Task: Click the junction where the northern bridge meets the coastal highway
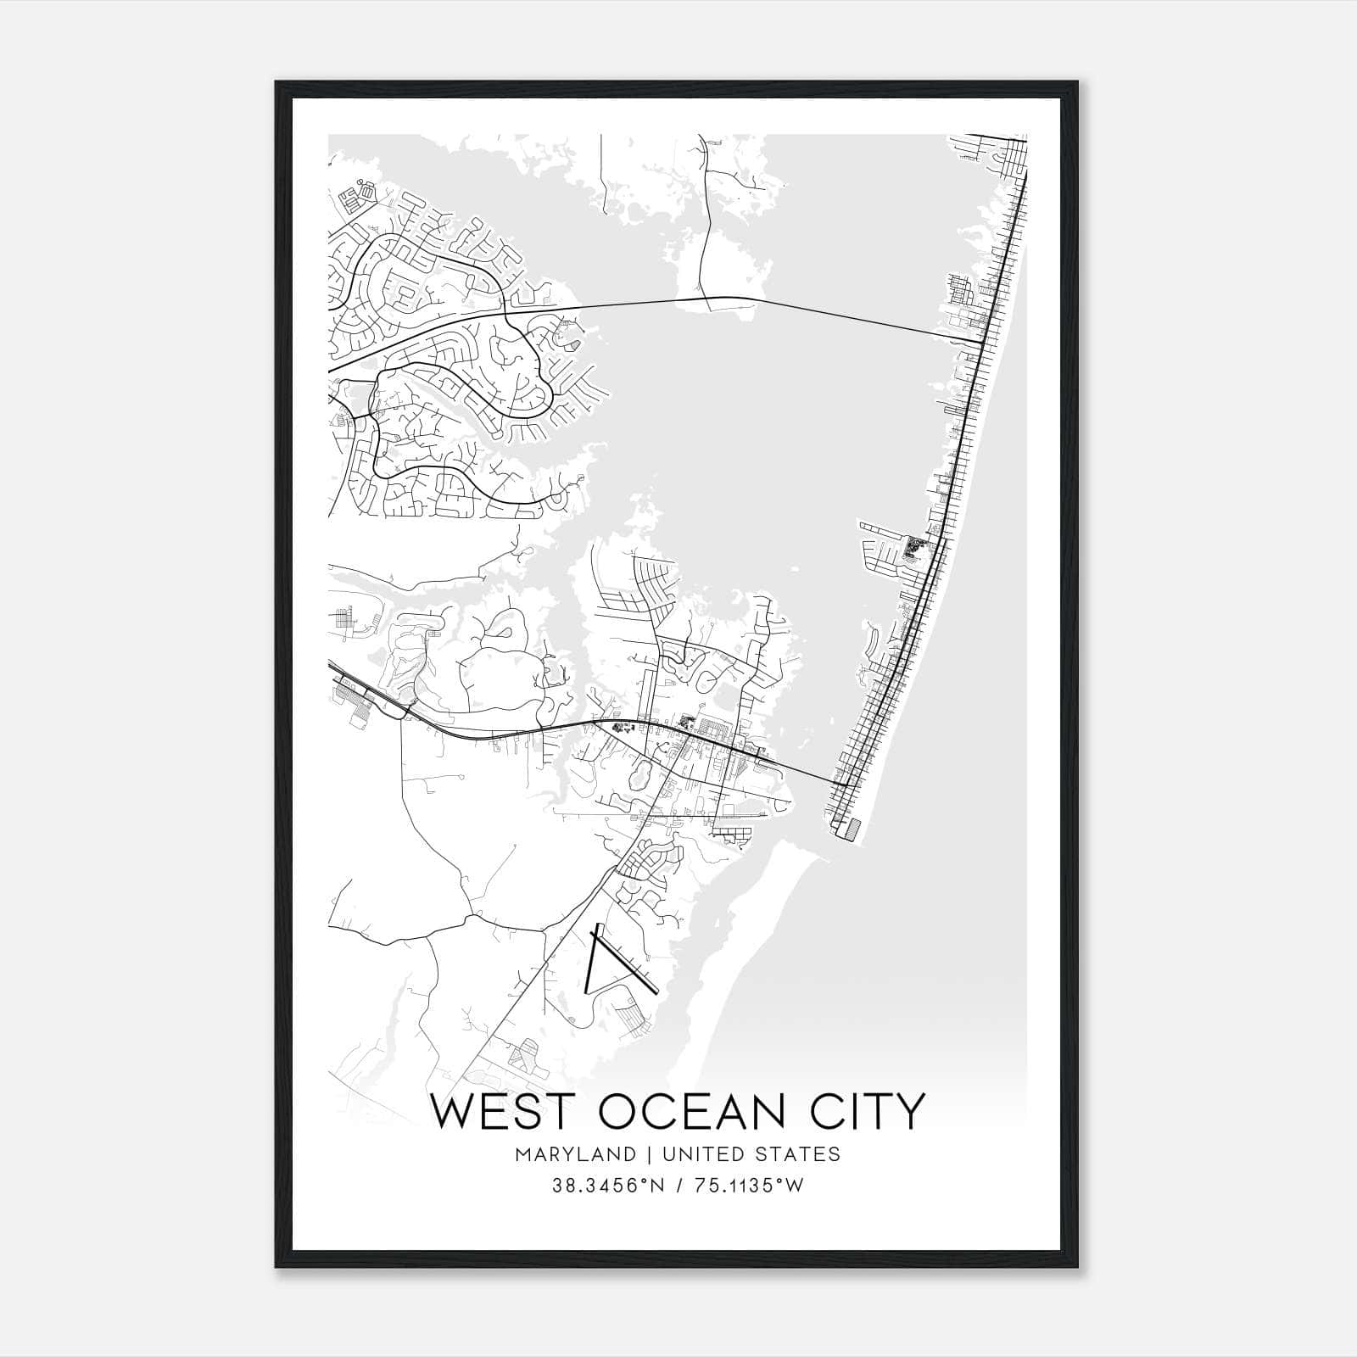[x=982, y=341]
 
